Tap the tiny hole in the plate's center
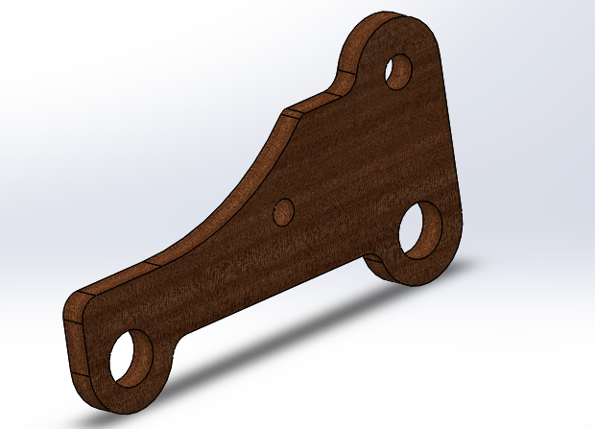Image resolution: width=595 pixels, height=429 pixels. (284, 211)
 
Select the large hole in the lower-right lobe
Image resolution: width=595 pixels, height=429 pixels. (420, 233)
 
